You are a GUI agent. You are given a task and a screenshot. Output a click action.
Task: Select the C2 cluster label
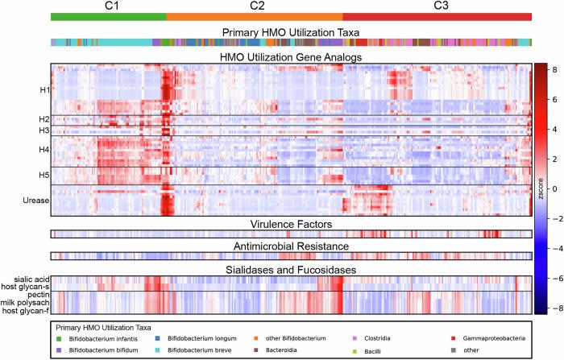click(x=257, y=6)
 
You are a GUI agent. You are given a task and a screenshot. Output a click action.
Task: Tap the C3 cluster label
click(x=442, y=6)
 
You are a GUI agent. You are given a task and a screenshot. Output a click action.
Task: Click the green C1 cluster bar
click(x=108, y=17)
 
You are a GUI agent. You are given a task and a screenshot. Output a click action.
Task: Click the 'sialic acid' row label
click(x=28, y=279)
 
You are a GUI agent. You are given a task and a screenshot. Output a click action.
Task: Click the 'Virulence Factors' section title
click(x=291, y=223)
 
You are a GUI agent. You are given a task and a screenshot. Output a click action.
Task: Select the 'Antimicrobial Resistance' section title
click(x=291, y=246)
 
